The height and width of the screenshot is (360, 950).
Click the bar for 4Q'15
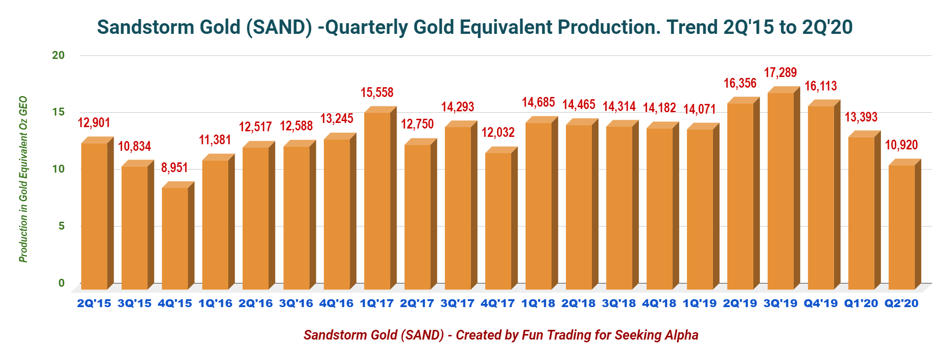[178, 236]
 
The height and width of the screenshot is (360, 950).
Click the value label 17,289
[780, 72]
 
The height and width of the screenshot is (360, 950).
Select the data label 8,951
[174, 167]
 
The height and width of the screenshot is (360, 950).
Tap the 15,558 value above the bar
[377, 92]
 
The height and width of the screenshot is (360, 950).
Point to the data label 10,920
[901, 145]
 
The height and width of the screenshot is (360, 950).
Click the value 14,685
[538, 102]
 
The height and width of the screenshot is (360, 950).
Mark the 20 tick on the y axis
[58, 55]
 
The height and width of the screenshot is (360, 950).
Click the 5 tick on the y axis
[61, 226]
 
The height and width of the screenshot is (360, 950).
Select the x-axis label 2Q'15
[94, 303]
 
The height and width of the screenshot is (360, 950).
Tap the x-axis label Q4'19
[821, 303]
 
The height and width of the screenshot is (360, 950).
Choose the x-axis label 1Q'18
[538, 303]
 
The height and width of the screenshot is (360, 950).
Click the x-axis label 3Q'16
[296, 303]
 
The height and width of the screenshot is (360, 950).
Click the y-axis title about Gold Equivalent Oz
[23, 179]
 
